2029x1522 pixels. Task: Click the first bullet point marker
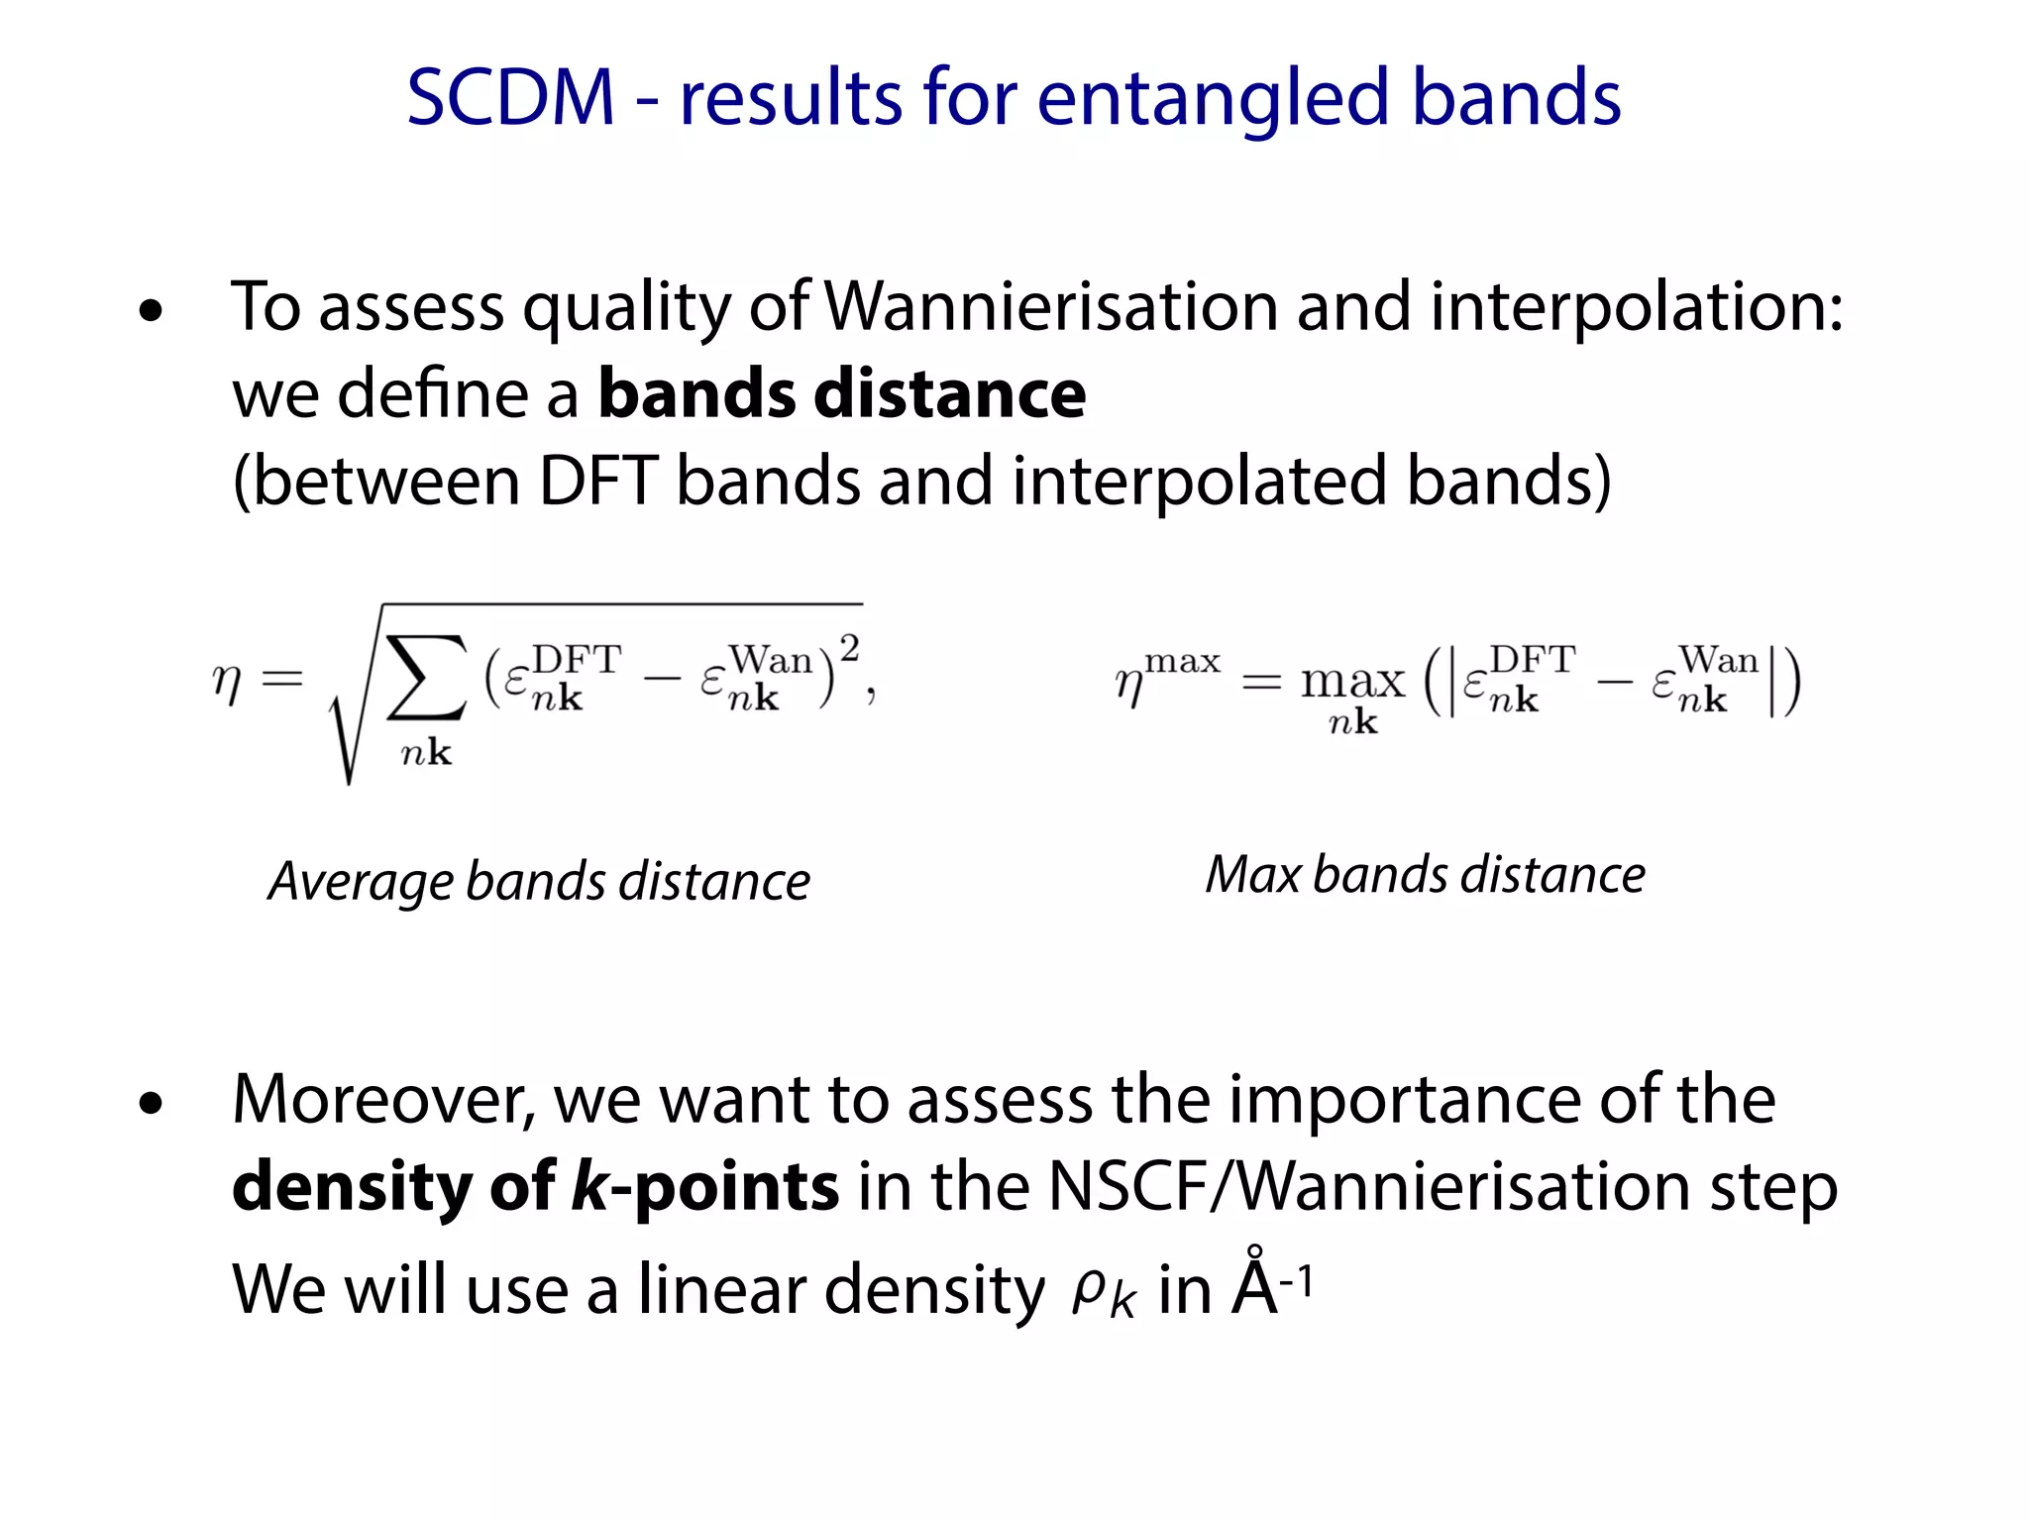pos(151,312)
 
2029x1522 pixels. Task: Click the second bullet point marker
pos(151,1104)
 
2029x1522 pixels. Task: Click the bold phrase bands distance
pos(842,393)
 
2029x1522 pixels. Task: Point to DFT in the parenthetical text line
pos(597,482)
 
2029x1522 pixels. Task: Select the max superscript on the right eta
pos(1182,660)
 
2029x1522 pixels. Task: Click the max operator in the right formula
pos(1352,681)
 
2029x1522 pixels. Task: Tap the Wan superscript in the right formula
pos(1718,659)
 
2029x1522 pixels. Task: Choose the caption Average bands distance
pos(540,881)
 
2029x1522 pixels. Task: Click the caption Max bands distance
pos(1425,874)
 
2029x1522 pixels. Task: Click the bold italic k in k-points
pos(589,1185)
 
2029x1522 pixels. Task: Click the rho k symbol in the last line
pos(1103,1292)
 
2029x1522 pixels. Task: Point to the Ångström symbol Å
pos(1255,1285)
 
